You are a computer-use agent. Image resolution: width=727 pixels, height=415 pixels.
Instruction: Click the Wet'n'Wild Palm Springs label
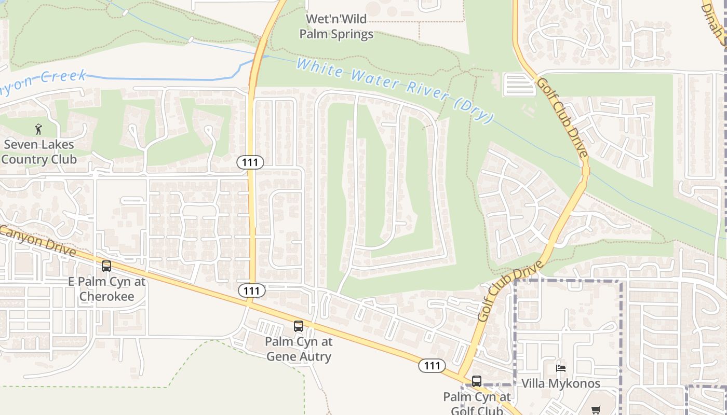coord(340,27)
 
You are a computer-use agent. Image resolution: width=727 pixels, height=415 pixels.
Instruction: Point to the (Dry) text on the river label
coord(474,110)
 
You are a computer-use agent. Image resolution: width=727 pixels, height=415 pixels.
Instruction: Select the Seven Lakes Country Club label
coord(39,152)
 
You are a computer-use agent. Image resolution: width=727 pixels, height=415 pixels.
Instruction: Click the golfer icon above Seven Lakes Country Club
coord(38,129)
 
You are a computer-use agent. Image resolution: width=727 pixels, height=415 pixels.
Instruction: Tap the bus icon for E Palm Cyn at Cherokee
coord(106,266)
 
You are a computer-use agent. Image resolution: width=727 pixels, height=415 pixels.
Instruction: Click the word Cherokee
coord(106,297)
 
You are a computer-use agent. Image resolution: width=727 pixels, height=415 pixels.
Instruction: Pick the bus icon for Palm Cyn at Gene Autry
coord(299,326)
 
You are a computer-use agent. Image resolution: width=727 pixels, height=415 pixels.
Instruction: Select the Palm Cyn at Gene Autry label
coord(299,349)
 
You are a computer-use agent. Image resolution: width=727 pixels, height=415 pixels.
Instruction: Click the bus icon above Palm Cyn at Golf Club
coord(477,381)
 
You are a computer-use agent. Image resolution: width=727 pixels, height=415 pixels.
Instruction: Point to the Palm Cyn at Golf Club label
coord(477,404)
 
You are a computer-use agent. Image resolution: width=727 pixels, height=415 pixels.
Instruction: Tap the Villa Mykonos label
coord(561,384)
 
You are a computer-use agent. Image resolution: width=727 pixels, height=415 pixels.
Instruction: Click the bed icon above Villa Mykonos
coord(561,368)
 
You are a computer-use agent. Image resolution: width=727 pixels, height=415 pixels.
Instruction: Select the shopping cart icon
coord(596,410)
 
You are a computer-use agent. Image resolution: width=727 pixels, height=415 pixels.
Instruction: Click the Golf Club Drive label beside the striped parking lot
coord(563,117)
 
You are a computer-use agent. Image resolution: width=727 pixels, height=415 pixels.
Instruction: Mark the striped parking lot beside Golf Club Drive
coord(519,85)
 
